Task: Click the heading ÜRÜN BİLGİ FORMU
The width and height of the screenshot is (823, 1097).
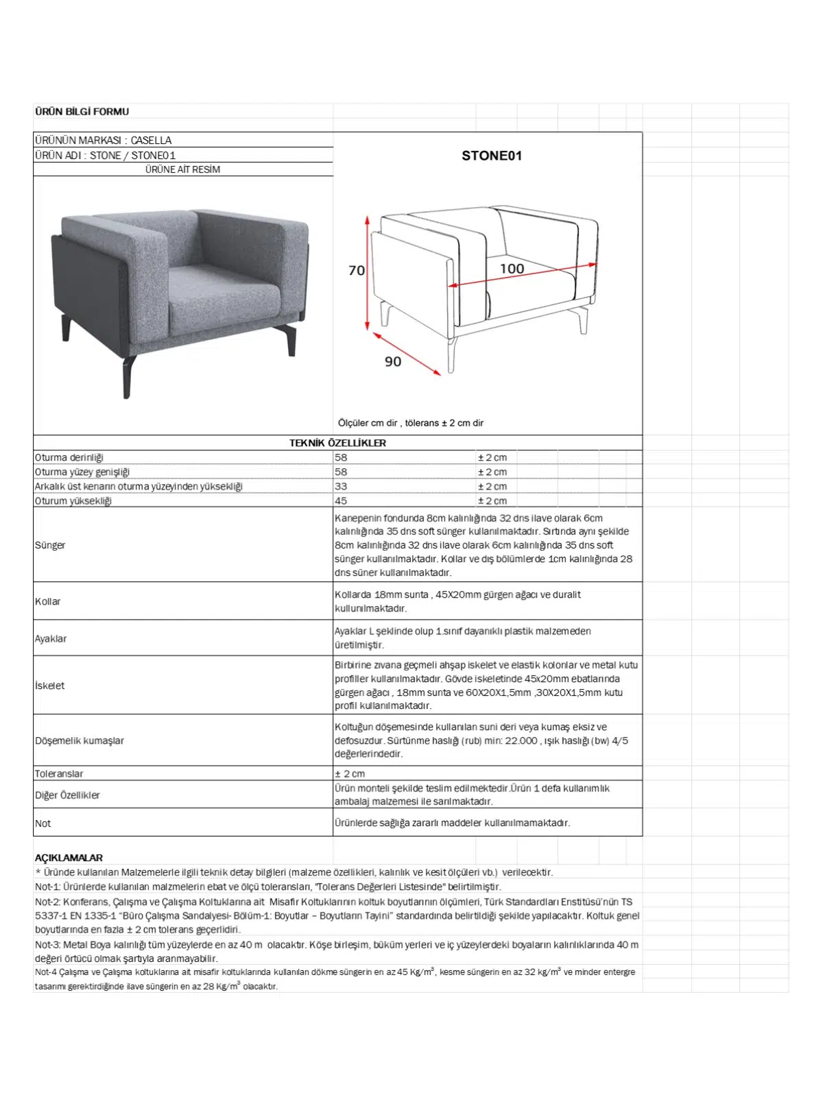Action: (x=82, y=112)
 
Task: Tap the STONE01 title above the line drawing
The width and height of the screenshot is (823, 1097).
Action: (x=491, y=156)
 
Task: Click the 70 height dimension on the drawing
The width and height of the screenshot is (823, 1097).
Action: (x=357, y=271)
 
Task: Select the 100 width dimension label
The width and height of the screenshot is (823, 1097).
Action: (x=512, y=269)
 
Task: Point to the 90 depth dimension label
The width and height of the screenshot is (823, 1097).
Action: (x=393, y=361)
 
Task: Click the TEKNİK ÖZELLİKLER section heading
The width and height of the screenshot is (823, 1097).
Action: (x=337, y=443)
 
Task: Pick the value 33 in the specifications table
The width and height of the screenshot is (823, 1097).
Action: (x=341, y=486)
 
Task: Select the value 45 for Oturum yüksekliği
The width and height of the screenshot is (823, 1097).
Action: (x=341, y=501)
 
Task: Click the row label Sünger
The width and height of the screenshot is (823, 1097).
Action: (x=50, y=545)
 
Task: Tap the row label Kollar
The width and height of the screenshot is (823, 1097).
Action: (x=48, y=601)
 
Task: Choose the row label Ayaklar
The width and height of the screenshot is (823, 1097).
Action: (x=51, y=638)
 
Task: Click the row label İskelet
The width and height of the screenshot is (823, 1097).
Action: (x=49, y=685)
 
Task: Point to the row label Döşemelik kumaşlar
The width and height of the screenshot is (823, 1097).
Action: (x=80, y=740)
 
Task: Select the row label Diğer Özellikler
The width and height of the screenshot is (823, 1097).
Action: (x=67, y=795)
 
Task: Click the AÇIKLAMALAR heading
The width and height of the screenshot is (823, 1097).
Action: (x=69, y=858)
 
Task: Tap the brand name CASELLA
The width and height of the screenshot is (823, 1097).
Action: (x=151, y=141)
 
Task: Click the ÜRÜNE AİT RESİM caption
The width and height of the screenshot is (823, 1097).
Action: (x=182, y=169)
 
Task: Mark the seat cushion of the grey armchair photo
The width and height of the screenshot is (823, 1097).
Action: (x=219, y=295)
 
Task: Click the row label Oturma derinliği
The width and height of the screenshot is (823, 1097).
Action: (x=69, y=457)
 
